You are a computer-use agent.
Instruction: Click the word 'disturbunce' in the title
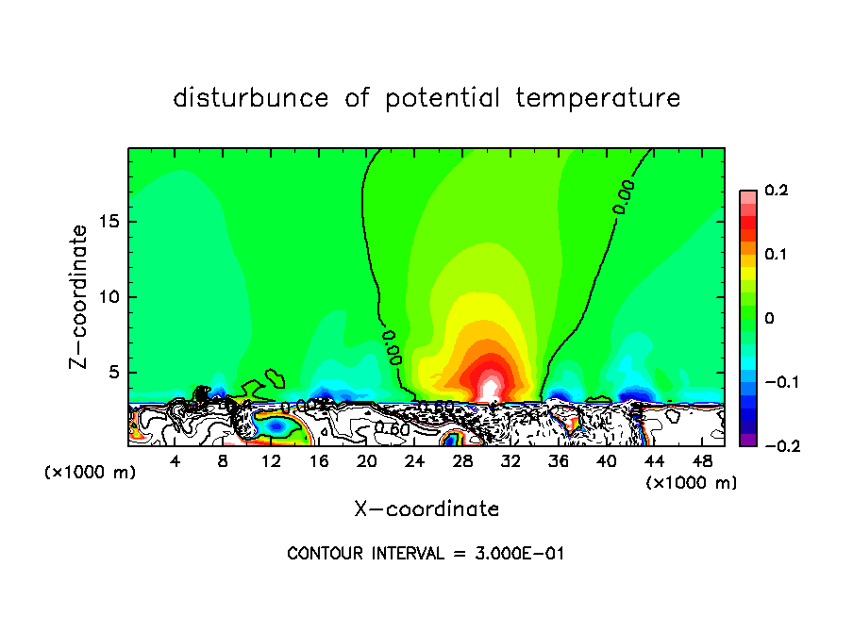tap(250, 98)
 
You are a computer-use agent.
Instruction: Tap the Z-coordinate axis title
tap(80, 296)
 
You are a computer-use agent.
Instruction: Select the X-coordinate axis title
tap(426, 509)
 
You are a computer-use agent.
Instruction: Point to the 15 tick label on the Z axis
tap(109, 222)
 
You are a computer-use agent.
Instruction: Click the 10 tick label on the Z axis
tap(109, 297)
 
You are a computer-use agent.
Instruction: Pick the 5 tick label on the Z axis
tap(114, 372)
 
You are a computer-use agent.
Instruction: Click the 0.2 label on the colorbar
tap(775, 191)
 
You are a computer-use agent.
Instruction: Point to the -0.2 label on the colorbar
tap(771, 446)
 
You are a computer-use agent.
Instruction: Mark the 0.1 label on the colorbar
tap(775, 255)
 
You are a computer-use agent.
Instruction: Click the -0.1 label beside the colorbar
tap(771, 382)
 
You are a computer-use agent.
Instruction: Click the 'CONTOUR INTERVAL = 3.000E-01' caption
tap(426, 554)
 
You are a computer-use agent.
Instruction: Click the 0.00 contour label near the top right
tap(625, 196)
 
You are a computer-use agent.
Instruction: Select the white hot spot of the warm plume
tap(489, 388)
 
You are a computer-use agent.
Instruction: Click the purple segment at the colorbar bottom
tap(747, 440)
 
